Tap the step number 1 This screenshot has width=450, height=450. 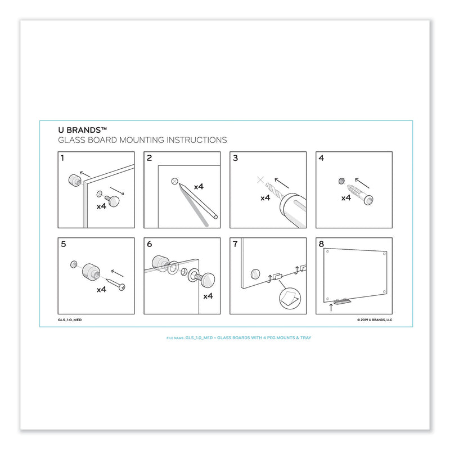[x=62, y=159]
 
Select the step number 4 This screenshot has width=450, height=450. [x=321, y=159]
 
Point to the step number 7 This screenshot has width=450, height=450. [x=235, y=245]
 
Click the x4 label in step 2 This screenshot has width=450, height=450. [x=199, y=186]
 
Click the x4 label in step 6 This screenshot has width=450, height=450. [x=206, y=296]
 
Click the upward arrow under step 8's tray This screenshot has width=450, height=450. [x=331, y=308]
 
